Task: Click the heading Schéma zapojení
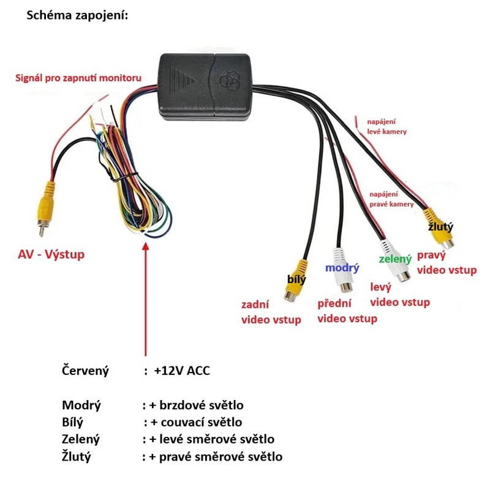pos(77,15)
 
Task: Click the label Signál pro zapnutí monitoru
pos(78,78)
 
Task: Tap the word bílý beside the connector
pos(296,280)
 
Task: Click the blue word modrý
pos(342,268)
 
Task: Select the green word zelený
pos(395,259)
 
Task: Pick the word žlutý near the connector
pos(440,227)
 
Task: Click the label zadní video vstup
pos(271,312)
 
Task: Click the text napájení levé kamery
pos(386,126)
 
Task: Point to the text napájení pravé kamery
pos(391,199)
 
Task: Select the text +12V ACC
pos(183,370)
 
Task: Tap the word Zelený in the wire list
pos(81,439)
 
